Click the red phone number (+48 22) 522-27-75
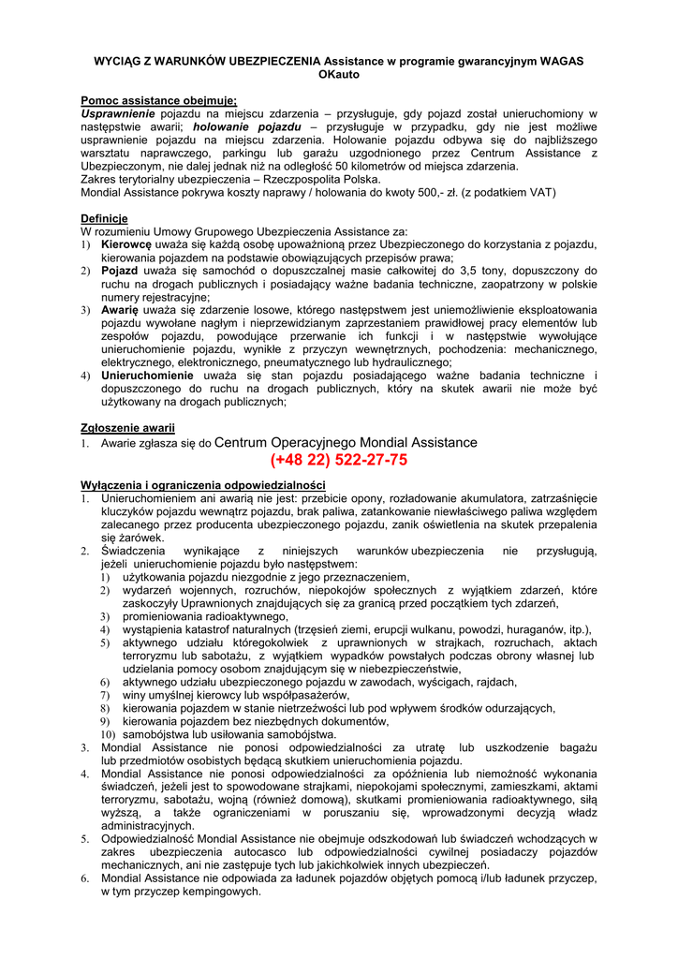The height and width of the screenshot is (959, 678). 338,461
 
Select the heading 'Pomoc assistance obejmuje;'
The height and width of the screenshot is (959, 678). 158,99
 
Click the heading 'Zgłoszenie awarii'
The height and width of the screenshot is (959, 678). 128,427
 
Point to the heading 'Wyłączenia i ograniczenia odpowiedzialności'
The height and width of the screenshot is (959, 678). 203,485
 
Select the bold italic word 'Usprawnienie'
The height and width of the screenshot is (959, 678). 116,113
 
